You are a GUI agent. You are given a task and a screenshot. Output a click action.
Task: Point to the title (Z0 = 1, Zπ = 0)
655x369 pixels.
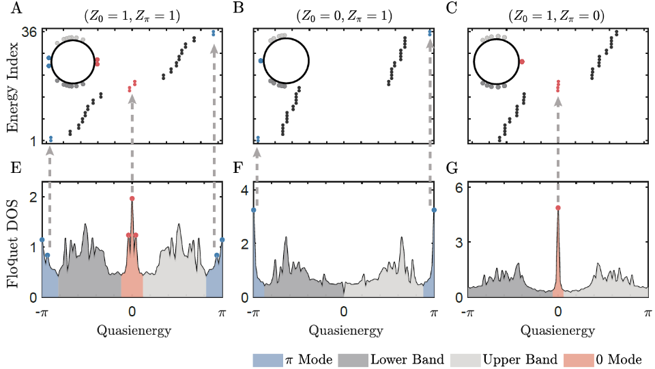click(556, 15)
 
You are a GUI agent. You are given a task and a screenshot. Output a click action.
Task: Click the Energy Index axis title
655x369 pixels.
click(12, 85)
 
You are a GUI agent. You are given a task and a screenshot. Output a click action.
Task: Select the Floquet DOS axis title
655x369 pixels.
click(12, 239)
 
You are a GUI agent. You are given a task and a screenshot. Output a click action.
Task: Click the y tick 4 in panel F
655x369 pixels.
click(245, 191)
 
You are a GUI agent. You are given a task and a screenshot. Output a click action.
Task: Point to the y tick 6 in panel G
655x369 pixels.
click(459, 191)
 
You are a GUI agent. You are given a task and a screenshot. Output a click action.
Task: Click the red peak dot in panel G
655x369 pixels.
click(558, 208)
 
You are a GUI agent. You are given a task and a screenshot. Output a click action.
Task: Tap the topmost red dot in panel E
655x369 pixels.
click(132, 199)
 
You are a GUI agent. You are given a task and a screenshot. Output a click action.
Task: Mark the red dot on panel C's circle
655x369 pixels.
click(522, 61)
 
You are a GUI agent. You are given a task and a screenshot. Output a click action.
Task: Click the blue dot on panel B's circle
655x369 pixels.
click(261, 61)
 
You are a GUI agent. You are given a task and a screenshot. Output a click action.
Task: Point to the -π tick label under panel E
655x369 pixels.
click(42, 312)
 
